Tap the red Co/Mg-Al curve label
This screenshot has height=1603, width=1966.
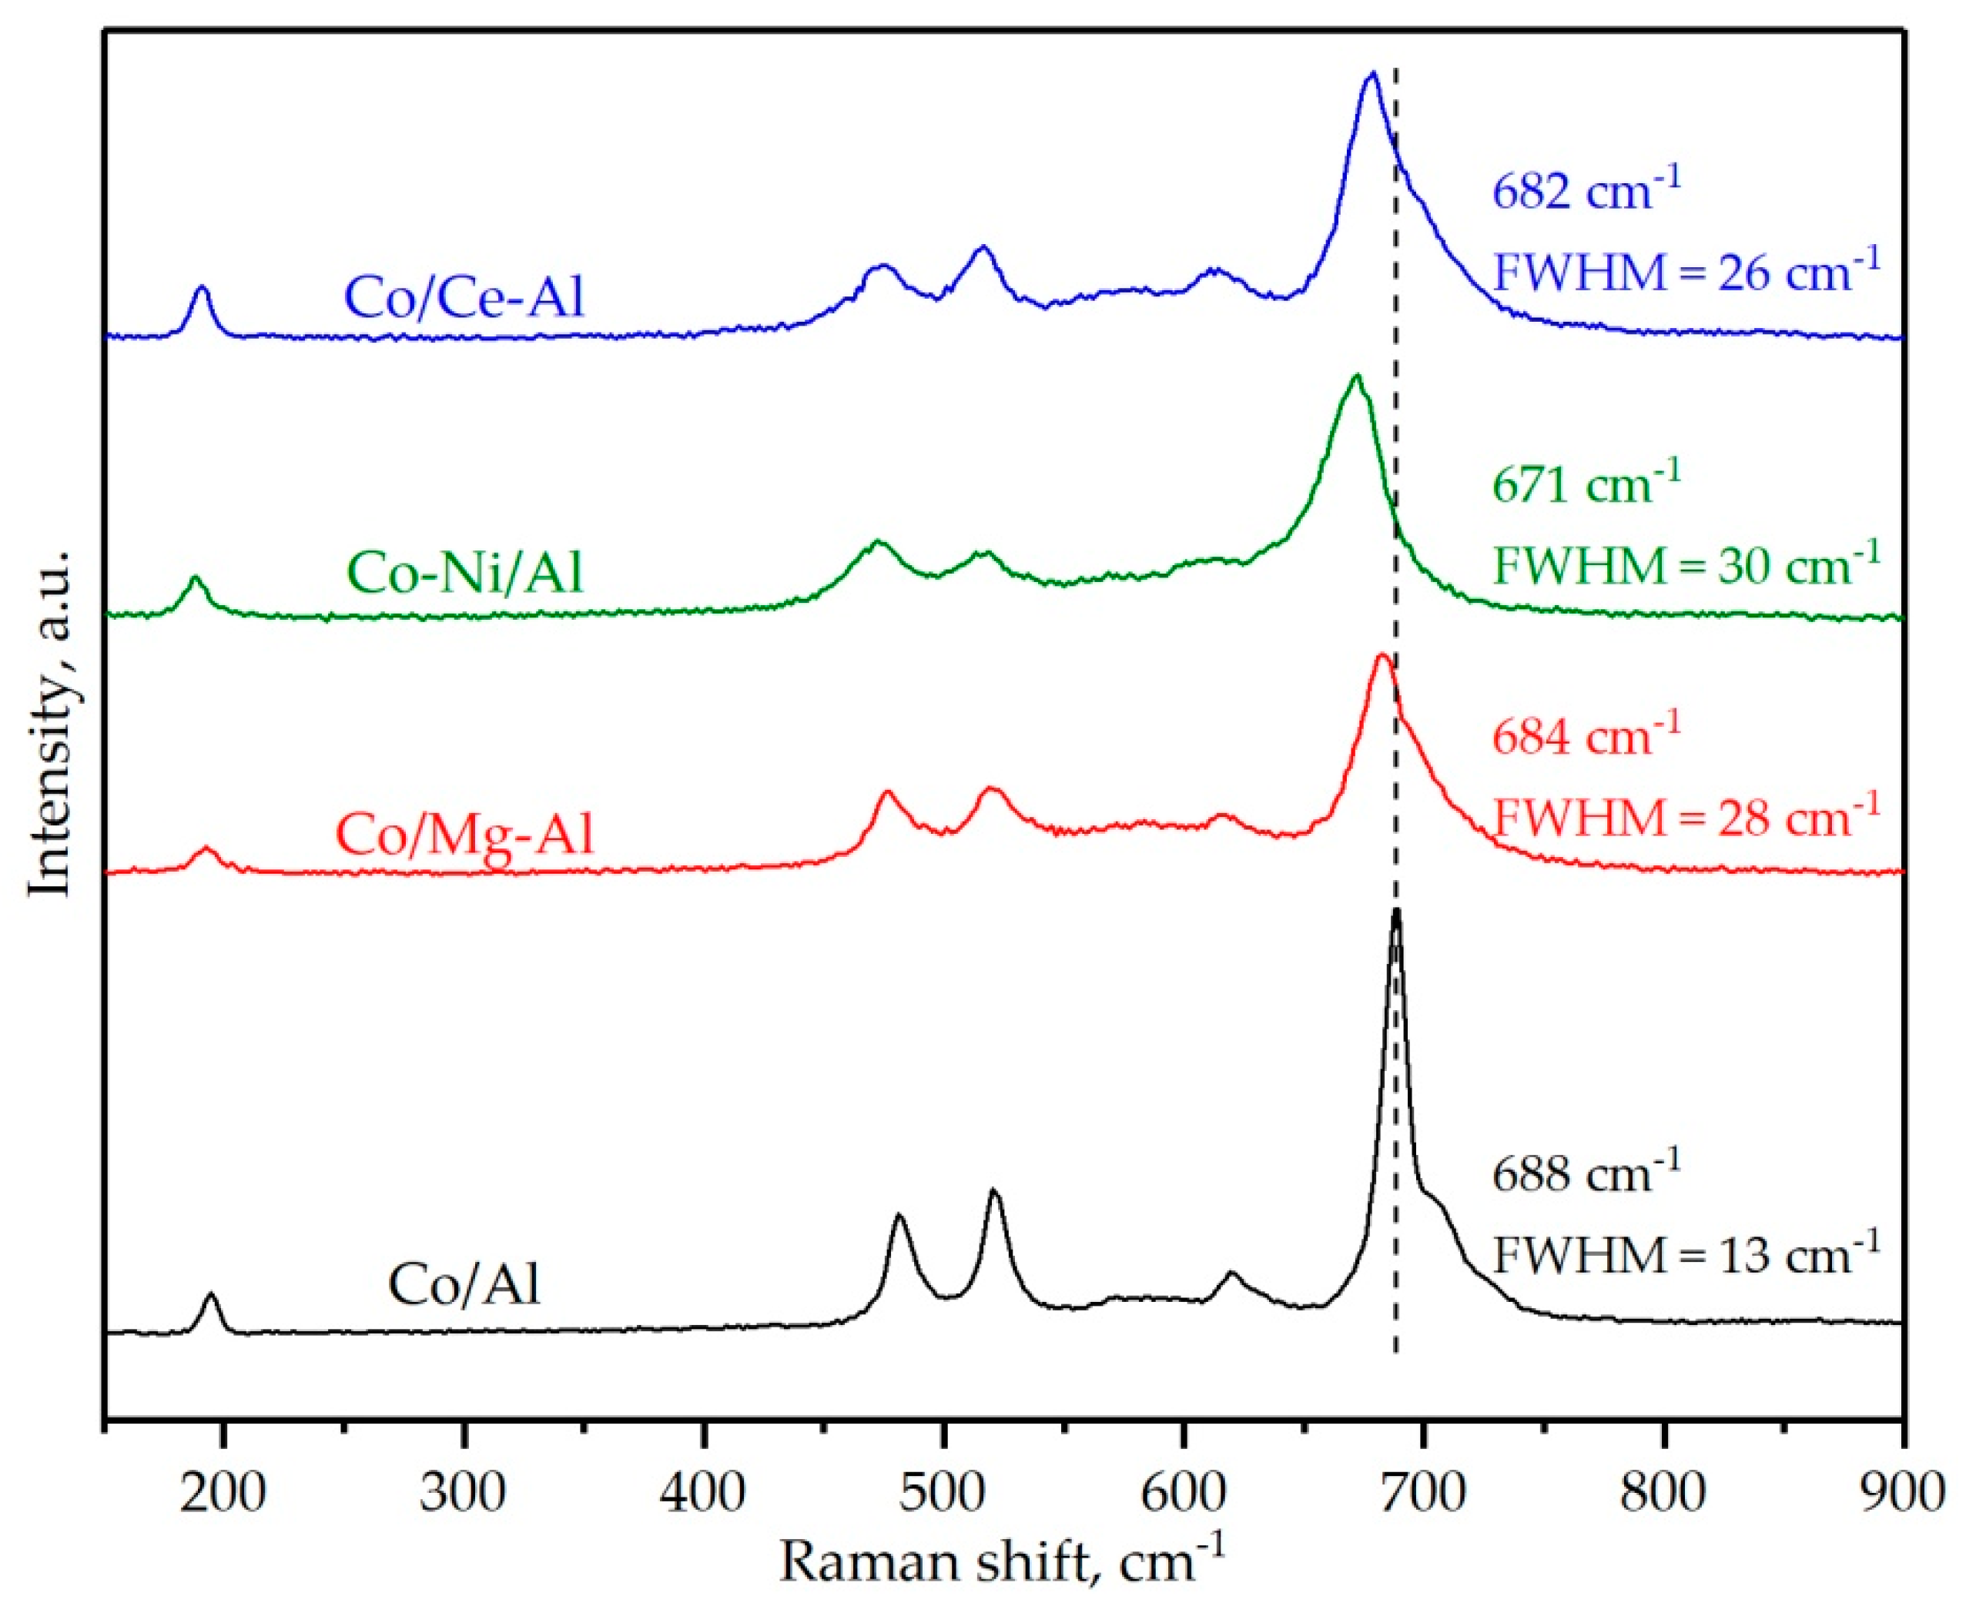[x=464, y=834]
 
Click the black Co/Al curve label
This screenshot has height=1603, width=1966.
[x=464, y=1284]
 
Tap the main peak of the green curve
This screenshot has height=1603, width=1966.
[x=1355, y=376]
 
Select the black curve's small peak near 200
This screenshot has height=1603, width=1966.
[x=212, y=1296]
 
